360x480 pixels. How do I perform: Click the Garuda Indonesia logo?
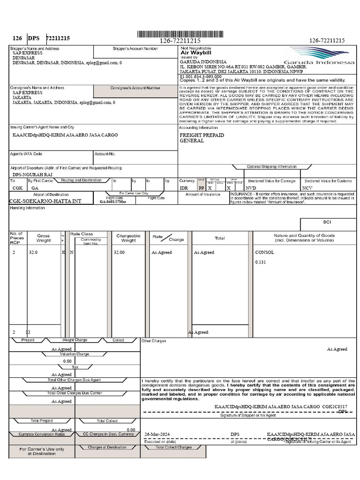(x=322, y=57)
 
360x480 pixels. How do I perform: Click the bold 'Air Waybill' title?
(x=193, y=53)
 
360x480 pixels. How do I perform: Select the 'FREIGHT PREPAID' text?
(x=202, y=135)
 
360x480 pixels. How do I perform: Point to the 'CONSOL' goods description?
(x=264, y=252)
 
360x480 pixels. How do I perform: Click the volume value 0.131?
(x=260, y=262)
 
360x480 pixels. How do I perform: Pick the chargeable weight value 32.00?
(x=119, y=252)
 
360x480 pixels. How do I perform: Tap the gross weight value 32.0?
(x=33, y=252)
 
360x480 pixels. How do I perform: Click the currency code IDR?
(x=184, y=187)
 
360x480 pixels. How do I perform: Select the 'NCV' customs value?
(x=307, y=187)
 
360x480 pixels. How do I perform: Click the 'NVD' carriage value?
(x=251, y=187)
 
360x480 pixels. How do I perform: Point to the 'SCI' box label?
(x=327, y=222)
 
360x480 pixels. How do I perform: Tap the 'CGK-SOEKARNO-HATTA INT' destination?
(x=45, y=201)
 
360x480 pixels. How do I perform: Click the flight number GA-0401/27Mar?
(x=113, y=202)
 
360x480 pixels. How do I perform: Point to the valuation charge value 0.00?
(x=67, y=361)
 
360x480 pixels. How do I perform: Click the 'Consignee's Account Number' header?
(x=135, y=88)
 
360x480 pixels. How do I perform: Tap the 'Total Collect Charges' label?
(x=174, y=447)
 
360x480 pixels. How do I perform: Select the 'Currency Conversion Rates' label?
(x=42, y=434)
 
